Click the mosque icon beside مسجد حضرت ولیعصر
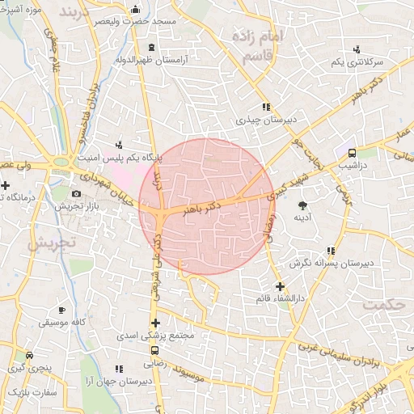(134, 11)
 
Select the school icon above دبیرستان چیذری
(264, 106)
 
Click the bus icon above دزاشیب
(352, 152)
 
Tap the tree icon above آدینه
(302, 205)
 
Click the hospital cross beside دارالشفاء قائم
(280, 286)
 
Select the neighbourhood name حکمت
(383, 305)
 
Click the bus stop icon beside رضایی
(154, 350)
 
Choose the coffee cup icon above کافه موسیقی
(61, 309)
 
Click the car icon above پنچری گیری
(29, 355)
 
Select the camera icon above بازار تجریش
(76, 193)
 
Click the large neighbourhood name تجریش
(50, 242)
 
